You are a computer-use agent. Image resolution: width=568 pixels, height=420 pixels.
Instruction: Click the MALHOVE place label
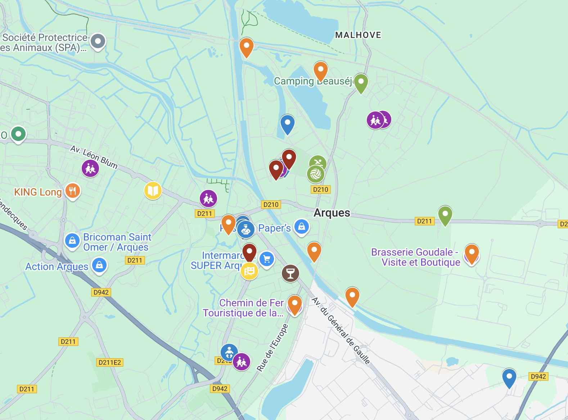click(x=358, y=35)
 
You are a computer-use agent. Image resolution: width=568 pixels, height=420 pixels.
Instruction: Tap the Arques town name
click(x=332, y=213)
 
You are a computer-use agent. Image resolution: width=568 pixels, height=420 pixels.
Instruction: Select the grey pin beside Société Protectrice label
click(x=98, y=41)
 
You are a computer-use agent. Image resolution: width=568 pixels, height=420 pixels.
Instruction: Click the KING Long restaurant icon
click(x=73, y=191)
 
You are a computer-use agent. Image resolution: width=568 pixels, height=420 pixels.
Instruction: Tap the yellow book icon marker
click(x=153, y=191)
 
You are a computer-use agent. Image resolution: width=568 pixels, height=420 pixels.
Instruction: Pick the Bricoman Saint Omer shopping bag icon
click(x=72, y=241)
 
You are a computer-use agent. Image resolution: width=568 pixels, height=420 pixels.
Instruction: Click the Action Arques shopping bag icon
click(x=99, y=265)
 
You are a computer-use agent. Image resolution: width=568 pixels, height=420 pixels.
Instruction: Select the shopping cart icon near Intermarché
click(x=267, y=259)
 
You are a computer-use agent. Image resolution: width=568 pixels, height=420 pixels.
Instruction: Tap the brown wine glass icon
click(x=290, y=273)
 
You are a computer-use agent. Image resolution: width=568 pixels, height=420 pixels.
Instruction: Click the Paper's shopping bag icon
click(x=302, y=227)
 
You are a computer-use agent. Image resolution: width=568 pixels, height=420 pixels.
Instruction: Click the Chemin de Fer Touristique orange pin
click(x=295, y=304)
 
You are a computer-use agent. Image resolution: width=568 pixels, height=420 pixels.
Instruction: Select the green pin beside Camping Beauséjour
click(x=361, y=82)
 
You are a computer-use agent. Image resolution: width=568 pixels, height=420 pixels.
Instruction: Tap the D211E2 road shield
click(x=110, y=362)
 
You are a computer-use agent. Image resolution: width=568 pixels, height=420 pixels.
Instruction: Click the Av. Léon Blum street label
click(x=94, y=157)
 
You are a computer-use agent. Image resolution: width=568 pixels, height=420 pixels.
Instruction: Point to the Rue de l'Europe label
click(x=272, y=347)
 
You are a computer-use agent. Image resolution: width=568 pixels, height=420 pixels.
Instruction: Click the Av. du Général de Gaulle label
click(x=341, y=330)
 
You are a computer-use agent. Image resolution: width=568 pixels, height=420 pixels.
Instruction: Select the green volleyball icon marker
click(x=316, y=174)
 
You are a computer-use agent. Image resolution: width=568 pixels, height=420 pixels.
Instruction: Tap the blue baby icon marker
click(x=229, y=352)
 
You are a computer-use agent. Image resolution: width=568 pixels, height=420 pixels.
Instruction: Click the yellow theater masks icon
click(x=249, y=271)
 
